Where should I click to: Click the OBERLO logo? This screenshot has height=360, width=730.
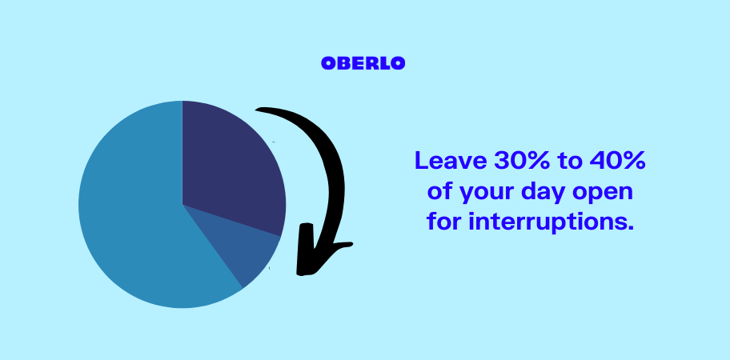363,63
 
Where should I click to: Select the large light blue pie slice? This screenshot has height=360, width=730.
139,210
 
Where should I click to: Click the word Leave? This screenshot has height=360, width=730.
451,161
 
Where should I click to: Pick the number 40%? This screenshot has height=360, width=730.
617,161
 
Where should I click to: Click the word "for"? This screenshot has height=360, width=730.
444,221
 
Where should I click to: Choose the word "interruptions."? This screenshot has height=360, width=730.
552,222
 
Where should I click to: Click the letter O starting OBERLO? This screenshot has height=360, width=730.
328,63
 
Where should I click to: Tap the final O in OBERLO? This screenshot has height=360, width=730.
398,63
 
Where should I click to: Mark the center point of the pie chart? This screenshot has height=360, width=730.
182,205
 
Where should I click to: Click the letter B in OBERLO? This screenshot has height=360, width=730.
343,63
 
